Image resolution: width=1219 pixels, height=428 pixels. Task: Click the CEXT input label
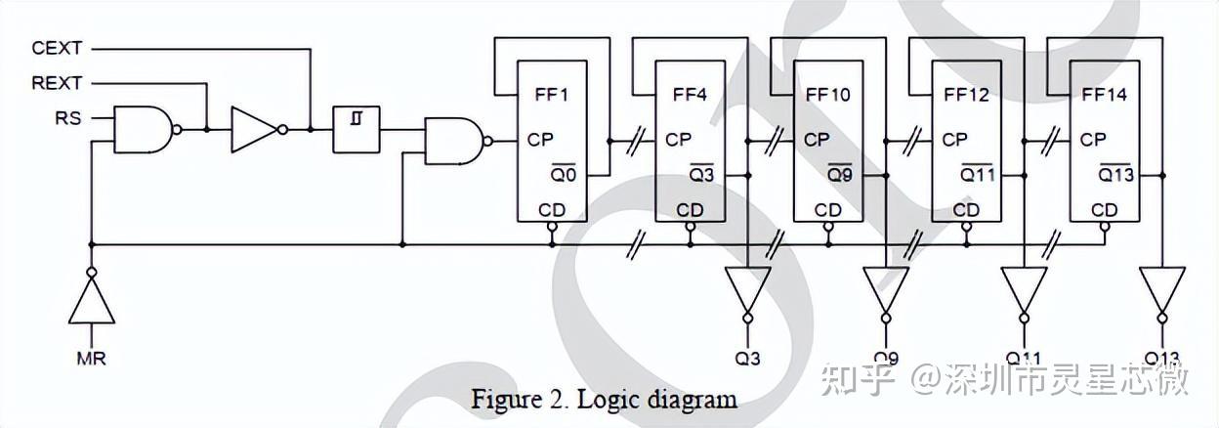(x=58, y=48)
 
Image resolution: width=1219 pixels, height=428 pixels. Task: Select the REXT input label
(x=58, y=83)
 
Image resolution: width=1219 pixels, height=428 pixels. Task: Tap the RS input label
(x=69, y=119)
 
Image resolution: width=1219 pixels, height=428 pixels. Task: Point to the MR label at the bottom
(x=91, y=359)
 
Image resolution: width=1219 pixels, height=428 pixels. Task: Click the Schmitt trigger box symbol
(x=357, y=129)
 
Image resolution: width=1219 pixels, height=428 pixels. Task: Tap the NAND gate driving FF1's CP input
(x=453, y=141)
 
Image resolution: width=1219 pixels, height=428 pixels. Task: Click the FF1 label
(x=551, y=95)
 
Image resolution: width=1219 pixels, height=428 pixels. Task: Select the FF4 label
(x=690, y=95)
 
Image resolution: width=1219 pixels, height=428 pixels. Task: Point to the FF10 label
(x=828, y=95)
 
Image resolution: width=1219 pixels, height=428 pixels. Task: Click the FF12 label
(x=967, y=95)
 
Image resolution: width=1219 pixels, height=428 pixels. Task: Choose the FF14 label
(x=1105, y=95)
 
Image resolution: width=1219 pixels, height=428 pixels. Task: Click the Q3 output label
(x=748, y=359)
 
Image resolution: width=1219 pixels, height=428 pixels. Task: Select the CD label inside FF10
(x=827, y=210)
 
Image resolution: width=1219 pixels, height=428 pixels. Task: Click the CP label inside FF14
(x=1093, y=140)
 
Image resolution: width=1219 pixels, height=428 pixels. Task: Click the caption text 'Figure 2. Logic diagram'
(x=604, y=399)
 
